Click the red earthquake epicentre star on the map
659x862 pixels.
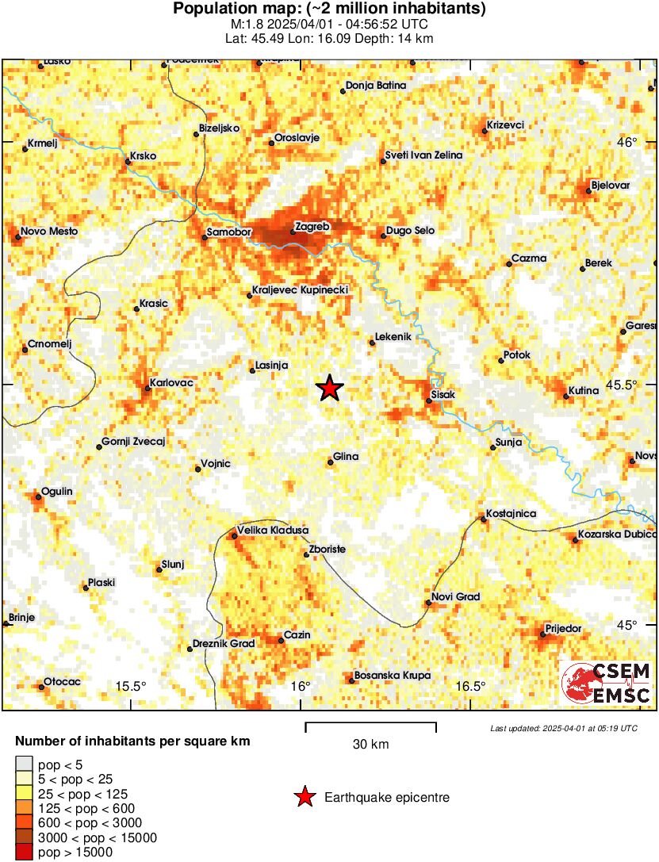[x=330, y=388]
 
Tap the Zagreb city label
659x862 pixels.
[x=312, y=227]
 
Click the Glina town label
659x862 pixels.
[x=346, y=457]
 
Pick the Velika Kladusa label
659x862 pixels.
[x=274, y=531]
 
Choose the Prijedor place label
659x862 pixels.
[x=563, y=629]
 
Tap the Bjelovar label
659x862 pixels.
[x=611, y=186]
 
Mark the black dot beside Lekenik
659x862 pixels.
[x=372, y=343]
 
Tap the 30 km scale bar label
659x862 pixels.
[x=371, y=745]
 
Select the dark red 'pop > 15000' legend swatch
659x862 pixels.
[x=24, y=852]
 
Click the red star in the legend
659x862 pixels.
[x=304, y=797]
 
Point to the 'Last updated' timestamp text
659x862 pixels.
[x=563, y=728]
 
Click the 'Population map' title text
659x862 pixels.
[x=329, y=9]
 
